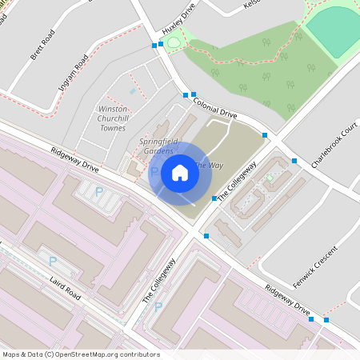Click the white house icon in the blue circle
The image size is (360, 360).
[180, 173]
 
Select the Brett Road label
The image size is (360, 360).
[42, 47]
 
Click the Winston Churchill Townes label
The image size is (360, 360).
[113, 118]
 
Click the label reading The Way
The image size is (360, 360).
[210, 166]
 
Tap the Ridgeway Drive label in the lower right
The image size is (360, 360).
[287, 298]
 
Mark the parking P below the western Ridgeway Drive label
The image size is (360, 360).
[99, 192]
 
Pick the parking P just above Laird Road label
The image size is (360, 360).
[53, 261]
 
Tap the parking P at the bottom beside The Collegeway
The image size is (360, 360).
[158, 306]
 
